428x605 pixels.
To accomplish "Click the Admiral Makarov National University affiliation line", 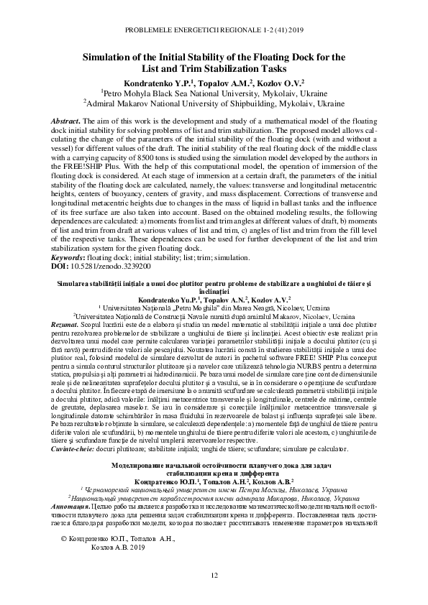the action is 214,103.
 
